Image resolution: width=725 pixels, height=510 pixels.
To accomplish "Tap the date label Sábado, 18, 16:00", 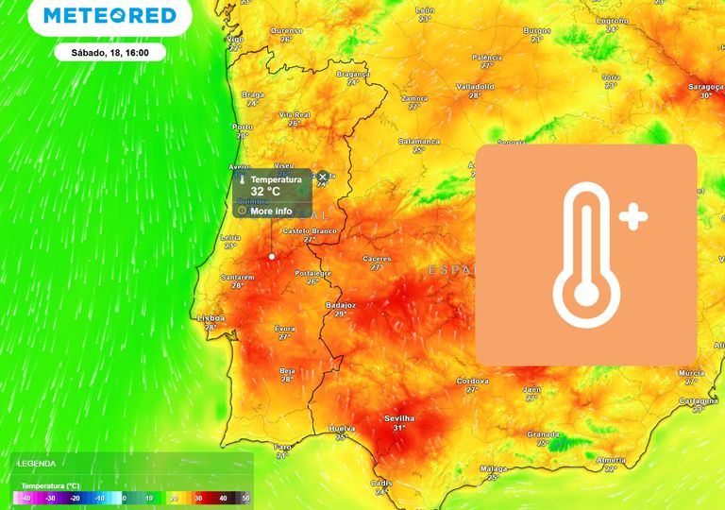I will click(110, 52).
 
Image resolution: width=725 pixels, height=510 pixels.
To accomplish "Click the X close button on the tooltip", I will click(323, 177).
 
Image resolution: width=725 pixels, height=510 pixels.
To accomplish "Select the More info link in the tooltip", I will click(271, 211).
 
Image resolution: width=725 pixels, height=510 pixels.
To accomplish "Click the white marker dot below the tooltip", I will click(272, 256).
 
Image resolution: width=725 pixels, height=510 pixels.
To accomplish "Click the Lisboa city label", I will click(211, 318).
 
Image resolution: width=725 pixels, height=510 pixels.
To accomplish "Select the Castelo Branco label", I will click(309, 230).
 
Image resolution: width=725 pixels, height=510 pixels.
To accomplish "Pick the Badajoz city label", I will click(340, 305).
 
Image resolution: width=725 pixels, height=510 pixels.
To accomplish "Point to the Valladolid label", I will click(475, 86).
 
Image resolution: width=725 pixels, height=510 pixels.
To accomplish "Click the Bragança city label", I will click(353, 74).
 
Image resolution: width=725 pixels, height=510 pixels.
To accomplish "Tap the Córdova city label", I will click(472, 381).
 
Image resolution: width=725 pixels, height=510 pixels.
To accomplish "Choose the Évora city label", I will click(285, 328).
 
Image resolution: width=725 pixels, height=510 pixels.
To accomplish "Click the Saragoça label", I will click(705, 87).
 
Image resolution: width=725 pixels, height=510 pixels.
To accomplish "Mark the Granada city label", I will click(543, 434).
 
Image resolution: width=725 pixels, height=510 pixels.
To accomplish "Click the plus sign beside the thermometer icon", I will click(633, 218).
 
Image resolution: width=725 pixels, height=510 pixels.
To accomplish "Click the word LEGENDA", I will click(36, 464).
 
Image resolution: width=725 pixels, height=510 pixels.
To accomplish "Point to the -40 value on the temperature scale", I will click(25, 498).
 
